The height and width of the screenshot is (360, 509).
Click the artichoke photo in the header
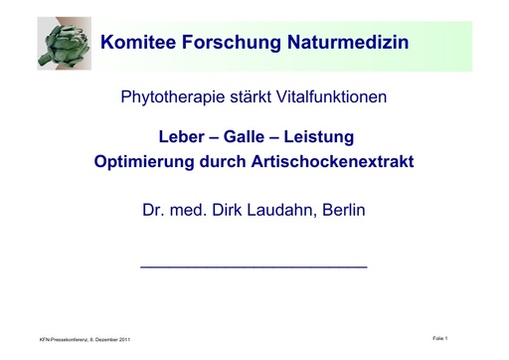[65, 45]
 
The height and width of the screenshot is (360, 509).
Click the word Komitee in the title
[138, 45]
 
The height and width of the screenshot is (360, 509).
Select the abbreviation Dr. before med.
[155, 211]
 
